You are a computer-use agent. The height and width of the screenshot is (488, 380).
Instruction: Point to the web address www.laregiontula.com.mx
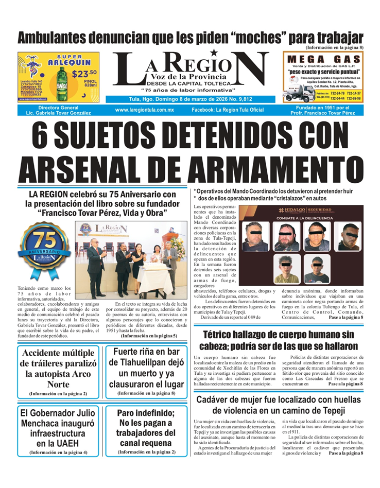[x=145, y=110]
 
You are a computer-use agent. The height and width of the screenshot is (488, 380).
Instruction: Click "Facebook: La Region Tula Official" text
[x=228, y=110]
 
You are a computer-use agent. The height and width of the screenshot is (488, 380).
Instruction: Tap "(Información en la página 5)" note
[x=148, y=336]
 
